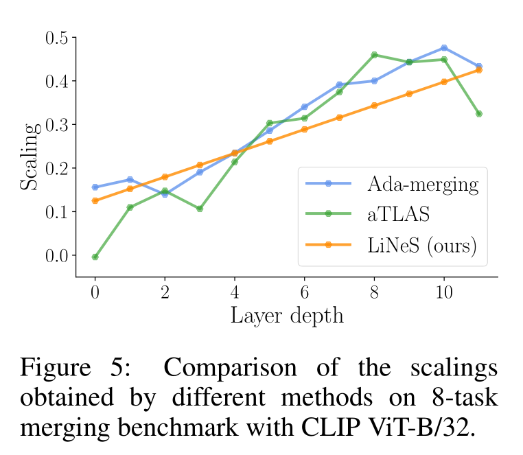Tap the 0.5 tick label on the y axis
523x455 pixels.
(56, 38)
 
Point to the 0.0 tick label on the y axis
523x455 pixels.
(56, 256)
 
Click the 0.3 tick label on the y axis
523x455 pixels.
(56, 125)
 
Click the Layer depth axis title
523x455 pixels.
(286, 315)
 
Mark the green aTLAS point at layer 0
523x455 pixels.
(95, 257)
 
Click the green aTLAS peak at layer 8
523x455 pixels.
(374, 55)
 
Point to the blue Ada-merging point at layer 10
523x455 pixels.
(444, 48)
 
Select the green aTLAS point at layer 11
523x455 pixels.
(479, 114)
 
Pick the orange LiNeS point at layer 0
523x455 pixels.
(95, 201)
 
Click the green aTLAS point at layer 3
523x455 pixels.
(200, 209)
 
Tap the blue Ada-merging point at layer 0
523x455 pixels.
(95, 187)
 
